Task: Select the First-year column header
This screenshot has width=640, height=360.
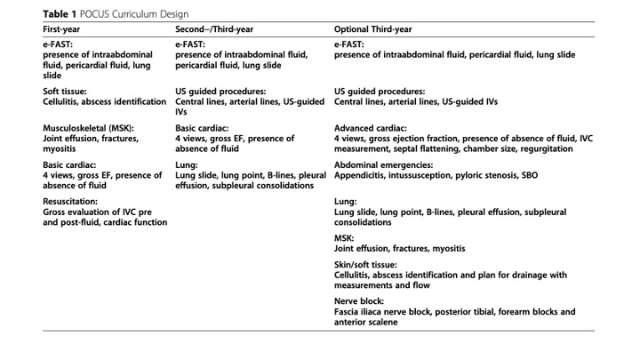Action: coord(64,29)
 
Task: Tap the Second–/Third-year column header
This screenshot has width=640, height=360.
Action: coord(216,29)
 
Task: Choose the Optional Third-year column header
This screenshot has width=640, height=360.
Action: coord(373,29)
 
